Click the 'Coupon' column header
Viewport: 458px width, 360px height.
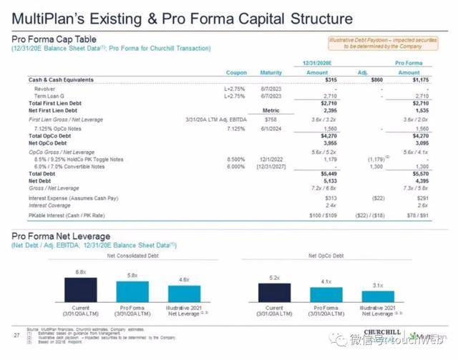[236, 73]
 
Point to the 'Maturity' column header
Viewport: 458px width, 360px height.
[271, 73]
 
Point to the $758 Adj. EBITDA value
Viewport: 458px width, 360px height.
[271, 119]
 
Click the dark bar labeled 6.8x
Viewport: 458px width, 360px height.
[81, 291]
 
